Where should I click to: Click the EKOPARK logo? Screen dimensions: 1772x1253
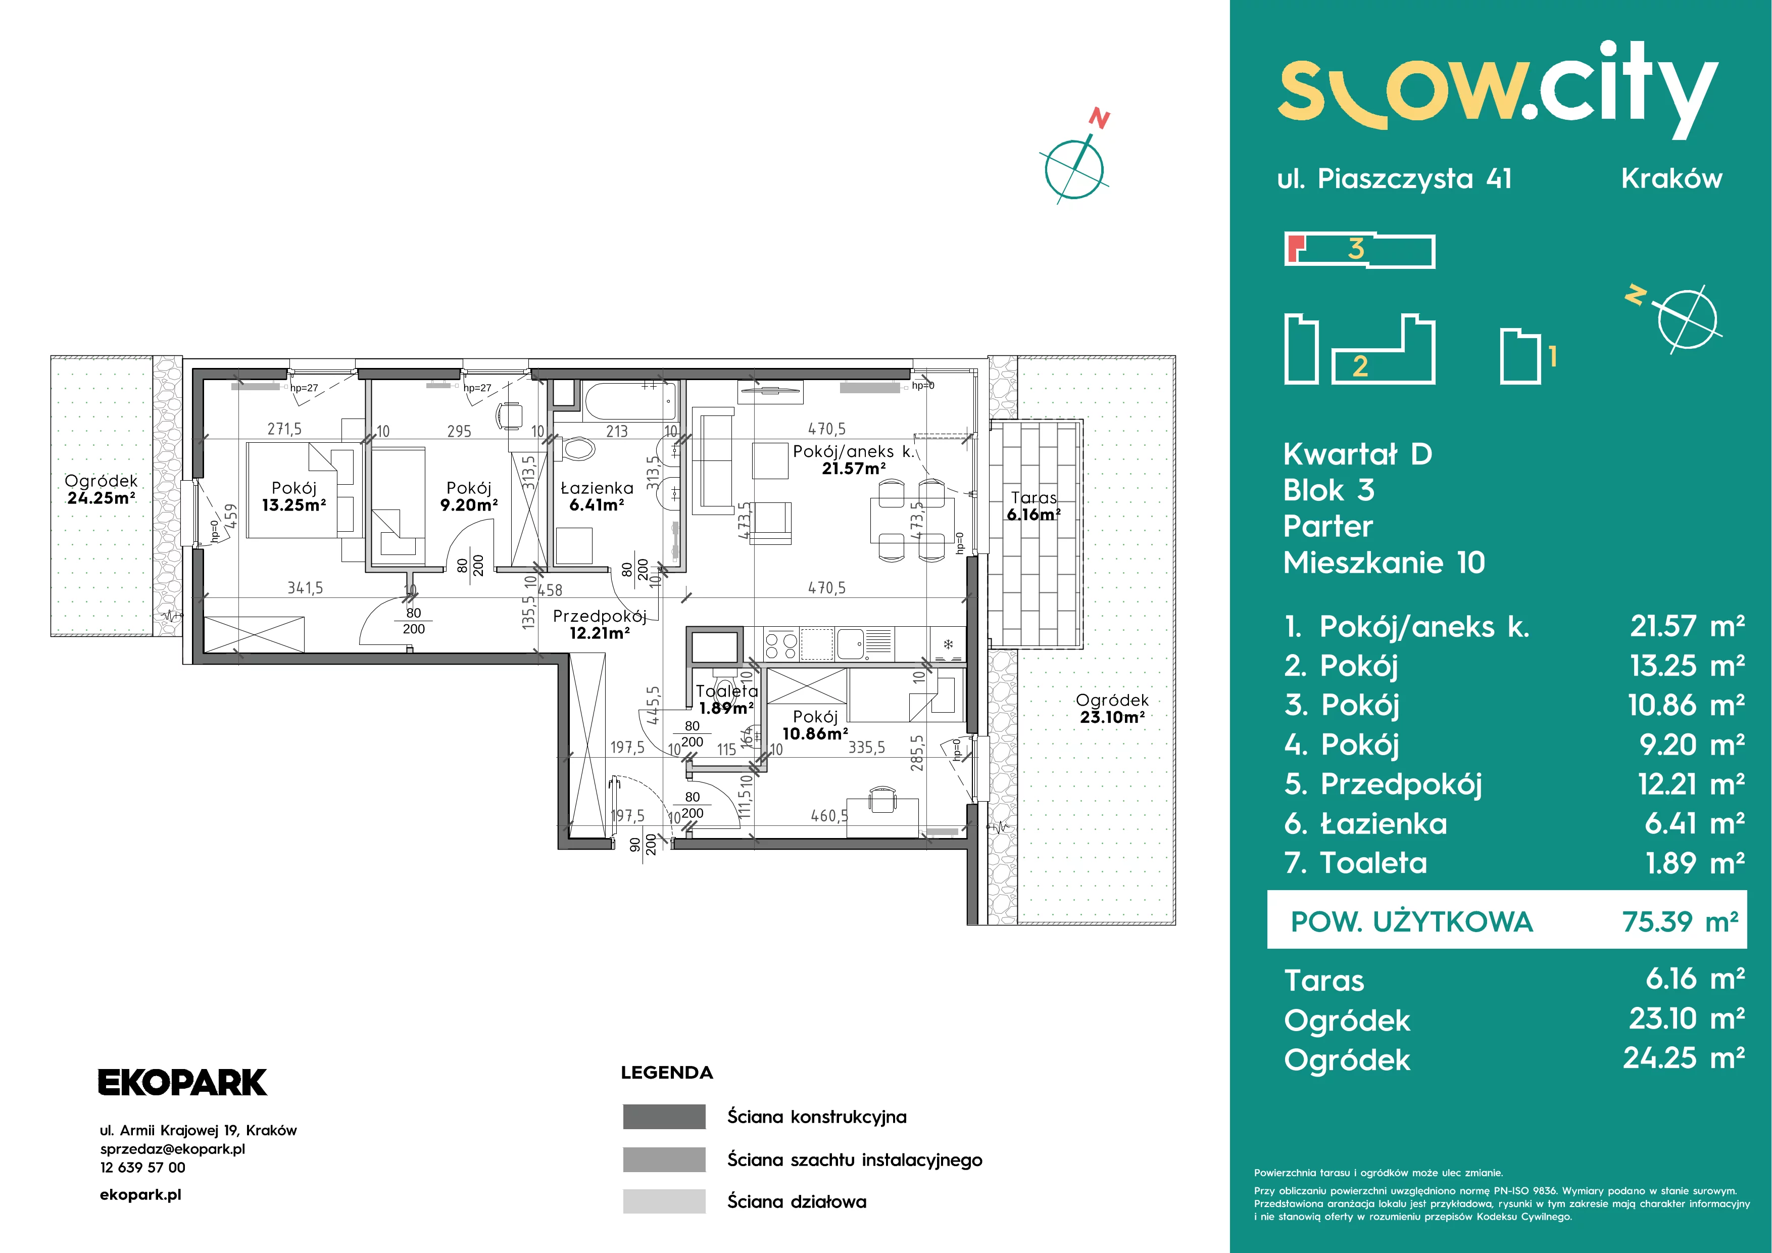point(182,1082)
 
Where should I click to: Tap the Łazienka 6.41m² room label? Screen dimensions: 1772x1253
point(597,496)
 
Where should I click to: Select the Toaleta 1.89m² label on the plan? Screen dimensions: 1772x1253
point(726,700)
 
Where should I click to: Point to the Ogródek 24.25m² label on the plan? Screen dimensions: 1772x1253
point(101,489)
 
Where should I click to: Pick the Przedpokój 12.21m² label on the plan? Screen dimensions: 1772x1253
point(599,625)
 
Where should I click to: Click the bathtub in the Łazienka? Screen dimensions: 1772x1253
point(631,401)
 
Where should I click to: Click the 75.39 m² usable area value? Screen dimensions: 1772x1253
point(1680,922)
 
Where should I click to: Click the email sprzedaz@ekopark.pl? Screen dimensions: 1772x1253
point(173,1149)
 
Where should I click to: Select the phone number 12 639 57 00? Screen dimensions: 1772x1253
point(143,1167)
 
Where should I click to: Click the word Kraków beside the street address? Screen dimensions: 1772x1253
point(1671,178)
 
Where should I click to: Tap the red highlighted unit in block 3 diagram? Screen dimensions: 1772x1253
point(1294,248)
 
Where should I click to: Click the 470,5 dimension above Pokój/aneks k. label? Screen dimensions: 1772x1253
point(826,429)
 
